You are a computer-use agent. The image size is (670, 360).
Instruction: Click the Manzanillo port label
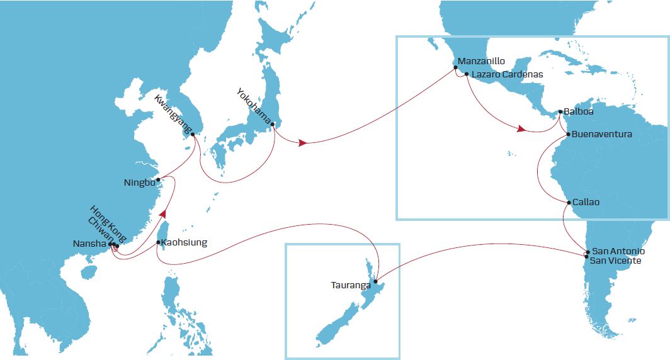[x=482, y=62]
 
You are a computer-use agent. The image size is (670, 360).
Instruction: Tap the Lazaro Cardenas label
[x=507, y=74]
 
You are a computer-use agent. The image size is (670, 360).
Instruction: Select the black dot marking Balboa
[x=560, y=112]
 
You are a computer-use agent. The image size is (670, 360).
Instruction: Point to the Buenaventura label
[x=602, y=134]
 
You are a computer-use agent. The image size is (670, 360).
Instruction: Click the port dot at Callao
[x=569, y=203]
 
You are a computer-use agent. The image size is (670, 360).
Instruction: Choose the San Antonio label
[x=619, y=251]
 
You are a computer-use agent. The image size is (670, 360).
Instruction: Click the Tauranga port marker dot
[x=375, y=281]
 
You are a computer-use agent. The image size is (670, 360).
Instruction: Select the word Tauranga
[x=351, y=285]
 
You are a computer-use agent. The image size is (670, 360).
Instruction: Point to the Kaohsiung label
[x=184, y=242]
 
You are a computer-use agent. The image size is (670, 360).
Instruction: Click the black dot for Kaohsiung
[x=157, y=242]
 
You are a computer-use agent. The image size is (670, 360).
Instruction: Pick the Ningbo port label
[x=139, y=184]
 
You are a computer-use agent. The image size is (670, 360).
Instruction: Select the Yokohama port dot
[x=273, y=124]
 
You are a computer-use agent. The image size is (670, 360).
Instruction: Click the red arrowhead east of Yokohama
[x=303, y=143]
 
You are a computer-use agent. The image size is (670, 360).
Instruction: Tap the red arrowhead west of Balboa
[x=521, y=129]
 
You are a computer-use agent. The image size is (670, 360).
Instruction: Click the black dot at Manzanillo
[x=455, y=67]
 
